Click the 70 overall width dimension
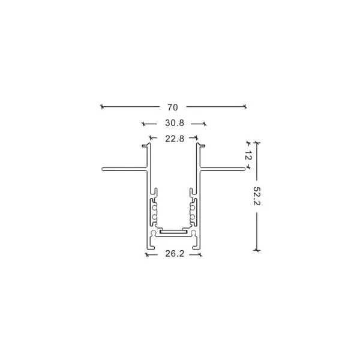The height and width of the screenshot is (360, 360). [172, 107]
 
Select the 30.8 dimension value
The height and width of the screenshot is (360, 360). [175, 123]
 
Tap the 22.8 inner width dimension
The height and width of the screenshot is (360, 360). [175, 139]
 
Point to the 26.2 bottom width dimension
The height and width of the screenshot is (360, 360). [175, 254]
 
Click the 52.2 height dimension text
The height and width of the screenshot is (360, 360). [256, 196]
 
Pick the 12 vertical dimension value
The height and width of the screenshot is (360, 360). [248, 155]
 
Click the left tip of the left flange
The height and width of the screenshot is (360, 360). [102, 169]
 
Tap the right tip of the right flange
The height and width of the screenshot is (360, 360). [244, 169]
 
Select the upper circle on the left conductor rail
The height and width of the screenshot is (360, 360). [154, 208]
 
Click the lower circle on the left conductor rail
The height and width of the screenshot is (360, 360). [154, 217]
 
